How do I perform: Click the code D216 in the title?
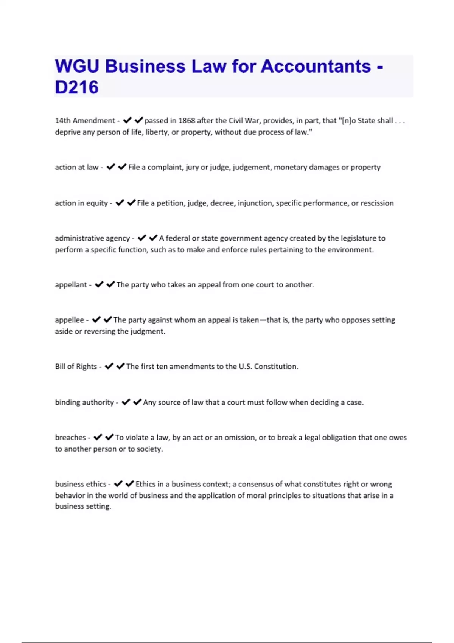pos(76,87)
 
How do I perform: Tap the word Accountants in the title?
pos(316,67)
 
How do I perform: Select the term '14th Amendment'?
pos(85,121)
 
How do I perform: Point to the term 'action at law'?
pos(76,167)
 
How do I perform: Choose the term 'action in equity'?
pos(81,203)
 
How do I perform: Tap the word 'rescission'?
pos(377,203)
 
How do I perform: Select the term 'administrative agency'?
pos(92,238)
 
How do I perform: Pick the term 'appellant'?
pos(71,285)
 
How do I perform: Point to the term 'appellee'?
pos(69,320)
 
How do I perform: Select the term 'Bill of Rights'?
pos(76,367)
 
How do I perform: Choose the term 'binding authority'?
pos(84,402)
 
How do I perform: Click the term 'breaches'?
pos(70,438)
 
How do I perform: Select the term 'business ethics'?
pos(81,484)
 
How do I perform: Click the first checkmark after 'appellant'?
pos(99,284)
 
